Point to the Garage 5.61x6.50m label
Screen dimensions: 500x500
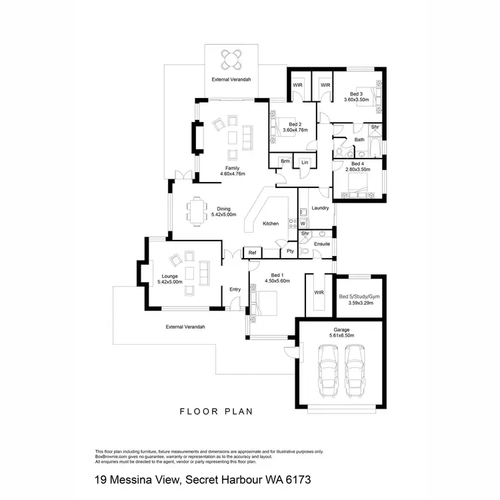(x=341, y=332)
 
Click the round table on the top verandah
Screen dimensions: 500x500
(x=233, y=59)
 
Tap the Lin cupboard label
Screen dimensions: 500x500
(x=305, y=162)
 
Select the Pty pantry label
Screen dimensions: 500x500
(x=290, y=251)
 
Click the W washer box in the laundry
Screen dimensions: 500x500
(x=302, y=223)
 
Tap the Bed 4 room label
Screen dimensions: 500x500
(x=357, y=163)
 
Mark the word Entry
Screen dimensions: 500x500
(x=235, y=289)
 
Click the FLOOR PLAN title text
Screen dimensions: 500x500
(x=217, y=411)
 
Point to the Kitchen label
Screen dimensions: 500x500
(x=270, y=223)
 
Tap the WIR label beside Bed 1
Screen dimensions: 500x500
(x=318, y=293)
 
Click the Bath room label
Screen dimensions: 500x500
(x=359, y=139)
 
